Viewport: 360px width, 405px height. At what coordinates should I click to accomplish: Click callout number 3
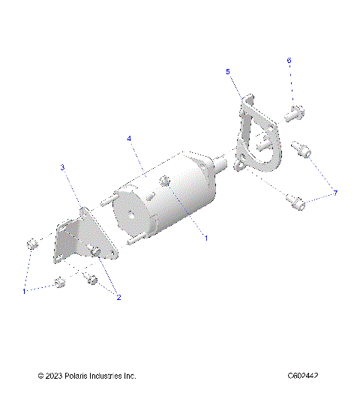(x=62, y=166)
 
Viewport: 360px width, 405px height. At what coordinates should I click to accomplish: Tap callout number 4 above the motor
(x=129, y=139)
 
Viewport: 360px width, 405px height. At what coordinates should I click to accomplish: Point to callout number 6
(x=289, y=60)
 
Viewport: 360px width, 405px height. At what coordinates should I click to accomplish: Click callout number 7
(x=335, y=193)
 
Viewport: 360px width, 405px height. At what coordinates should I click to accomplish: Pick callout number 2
(x=118, y=297)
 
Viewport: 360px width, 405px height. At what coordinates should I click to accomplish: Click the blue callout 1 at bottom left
(x=24, y=290)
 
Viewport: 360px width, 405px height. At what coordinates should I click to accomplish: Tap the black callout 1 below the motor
(x=205, y=238)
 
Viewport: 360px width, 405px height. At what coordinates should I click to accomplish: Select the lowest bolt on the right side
(x=297, y=201)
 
